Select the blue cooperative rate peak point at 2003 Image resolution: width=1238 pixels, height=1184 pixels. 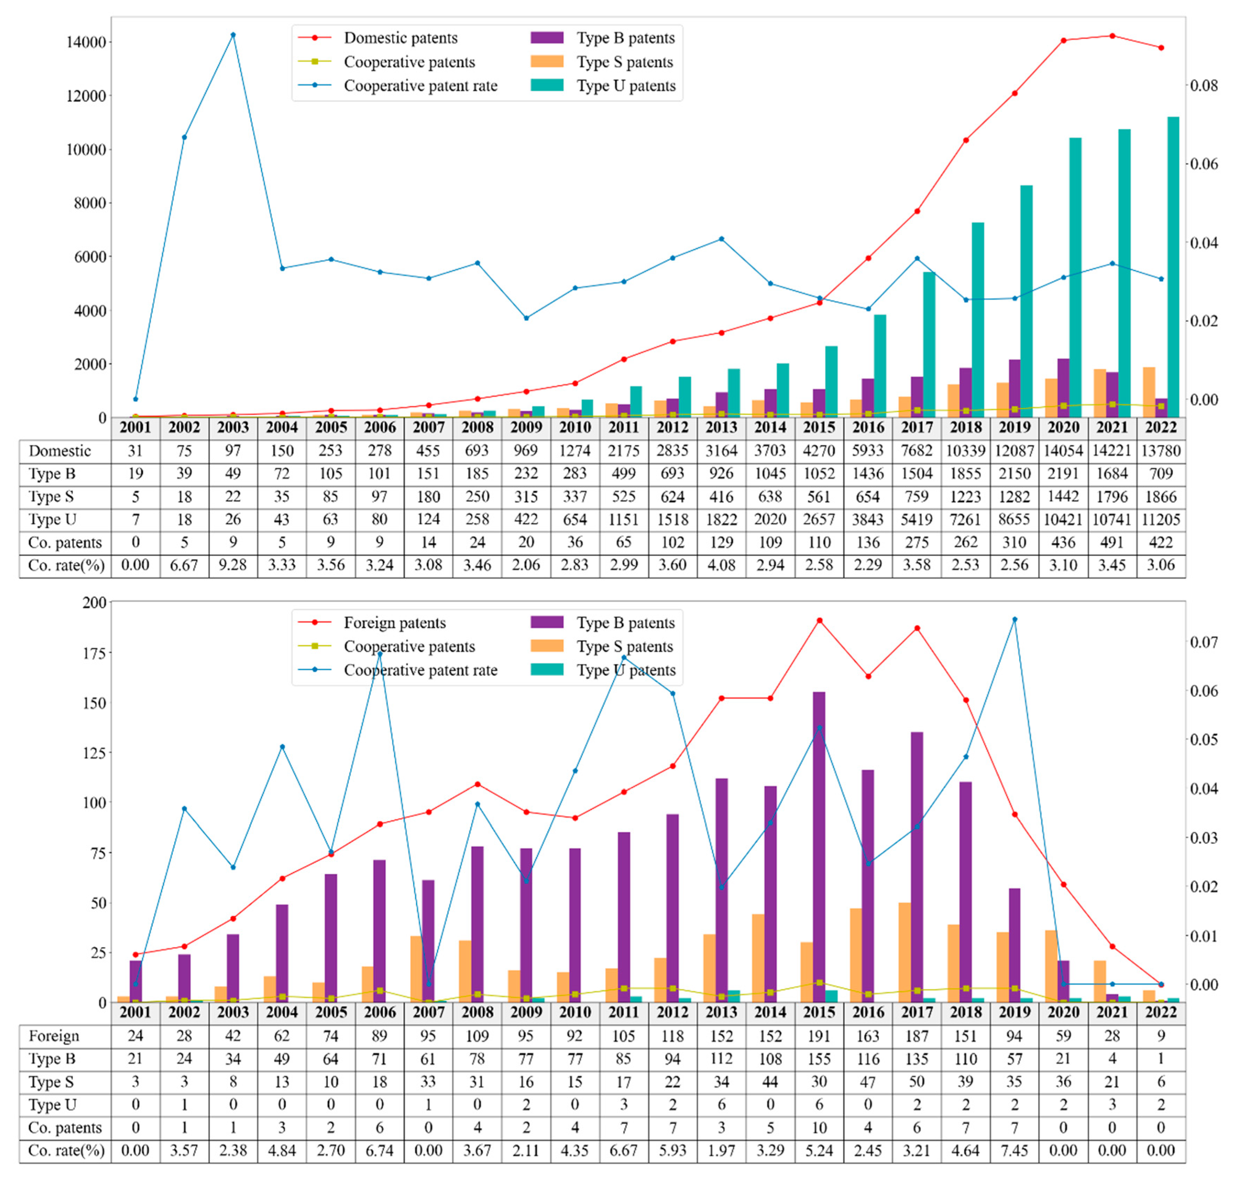pos(233,35)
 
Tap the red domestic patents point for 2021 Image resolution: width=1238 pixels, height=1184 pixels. pos(1112,36)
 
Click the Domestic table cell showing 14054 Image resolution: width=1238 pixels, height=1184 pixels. pos(1063,450)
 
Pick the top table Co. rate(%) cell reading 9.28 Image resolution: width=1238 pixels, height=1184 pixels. pos(233,565)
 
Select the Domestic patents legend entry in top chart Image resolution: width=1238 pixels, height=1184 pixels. pos(400,38)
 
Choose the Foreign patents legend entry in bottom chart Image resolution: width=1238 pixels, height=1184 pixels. pos(394,623)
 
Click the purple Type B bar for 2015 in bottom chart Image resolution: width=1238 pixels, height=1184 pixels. pos(819,846)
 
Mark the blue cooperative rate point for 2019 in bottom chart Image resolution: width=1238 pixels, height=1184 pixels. pos(1015,619)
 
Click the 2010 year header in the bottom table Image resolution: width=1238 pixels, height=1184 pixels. pos(575,1012)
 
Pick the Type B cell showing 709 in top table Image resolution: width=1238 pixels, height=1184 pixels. pos(1160,473)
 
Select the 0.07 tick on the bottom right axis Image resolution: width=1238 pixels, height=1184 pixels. pos(1203,642)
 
